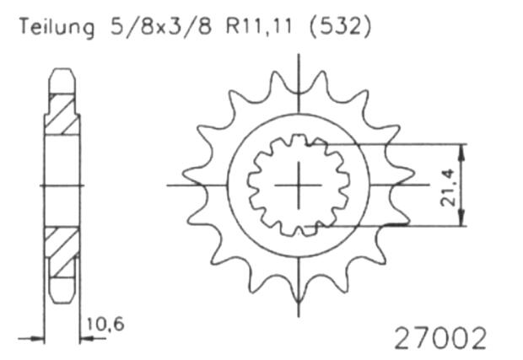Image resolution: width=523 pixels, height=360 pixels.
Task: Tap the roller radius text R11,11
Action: (x=256, y=30)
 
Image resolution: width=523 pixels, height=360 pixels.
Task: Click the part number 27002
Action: (x=440, y=338)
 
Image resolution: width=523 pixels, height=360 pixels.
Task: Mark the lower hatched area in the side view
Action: (x=61, y=254)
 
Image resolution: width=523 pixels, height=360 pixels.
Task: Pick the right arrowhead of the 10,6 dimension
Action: (x=83, y=339)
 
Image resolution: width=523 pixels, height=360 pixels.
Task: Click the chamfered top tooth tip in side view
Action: (x=61, y=77)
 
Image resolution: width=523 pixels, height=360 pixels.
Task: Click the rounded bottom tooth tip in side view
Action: (x=61, y=295)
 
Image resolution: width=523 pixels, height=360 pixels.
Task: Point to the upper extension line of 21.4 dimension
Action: (x=396, y=144)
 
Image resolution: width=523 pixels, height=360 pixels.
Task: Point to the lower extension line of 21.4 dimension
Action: (x=396, y=226)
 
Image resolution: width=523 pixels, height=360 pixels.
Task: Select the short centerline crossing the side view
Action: (x=61, y=184)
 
